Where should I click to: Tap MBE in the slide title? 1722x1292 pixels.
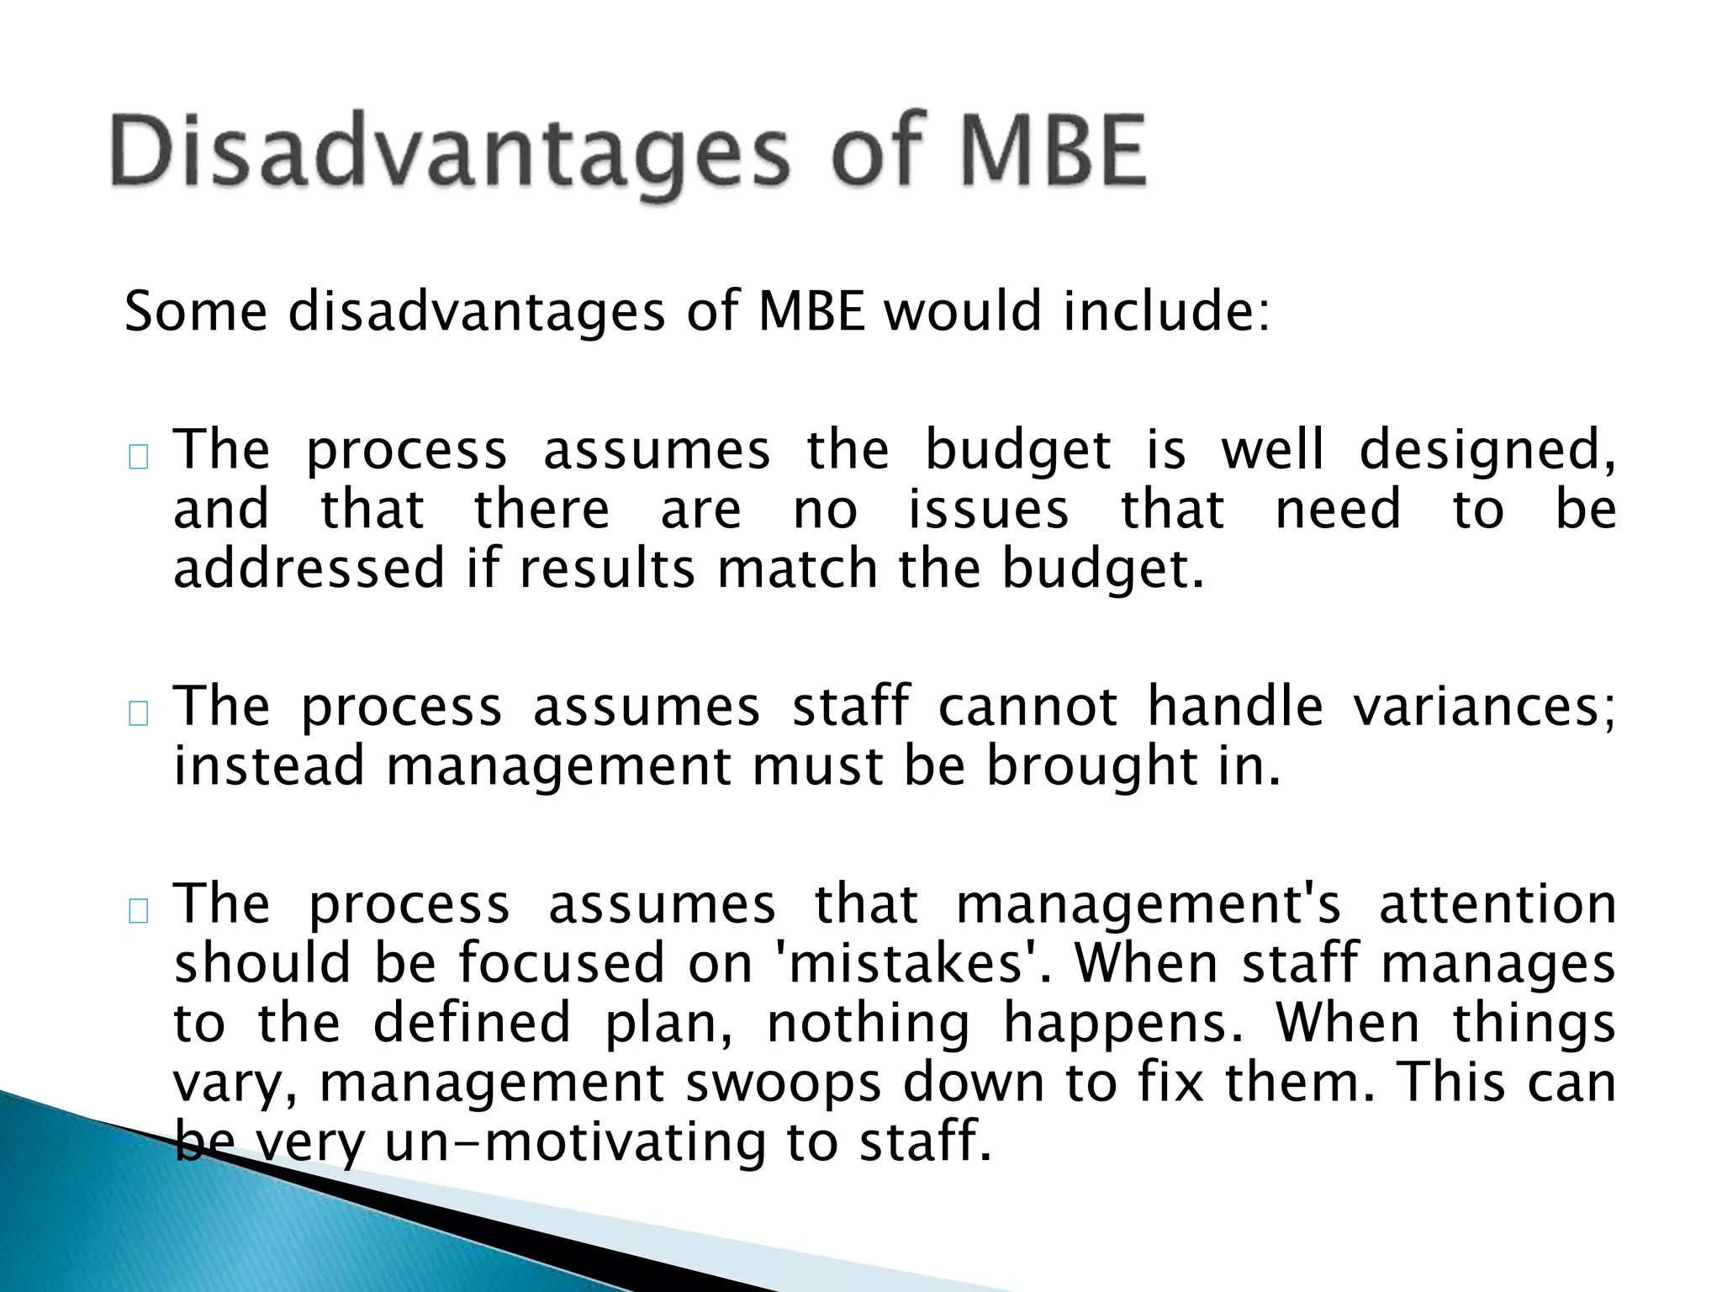1052,152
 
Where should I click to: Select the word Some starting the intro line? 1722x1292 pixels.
195,311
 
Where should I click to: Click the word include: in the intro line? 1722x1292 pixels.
1166,311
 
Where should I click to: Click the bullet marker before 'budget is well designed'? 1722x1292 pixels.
139,457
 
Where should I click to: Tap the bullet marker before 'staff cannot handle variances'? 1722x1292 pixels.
139,713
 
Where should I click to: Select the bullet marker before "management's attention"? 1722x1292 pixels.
139,911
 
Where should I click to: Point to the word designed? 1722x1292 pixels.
1487,451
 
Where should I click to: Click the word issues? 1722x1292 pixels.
988,510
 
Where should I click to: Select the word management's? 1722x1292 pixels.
1149,905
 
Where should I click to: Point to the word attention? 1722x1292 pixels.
1497,905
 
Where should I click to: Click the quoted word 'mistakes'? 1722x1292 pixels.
911,963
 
